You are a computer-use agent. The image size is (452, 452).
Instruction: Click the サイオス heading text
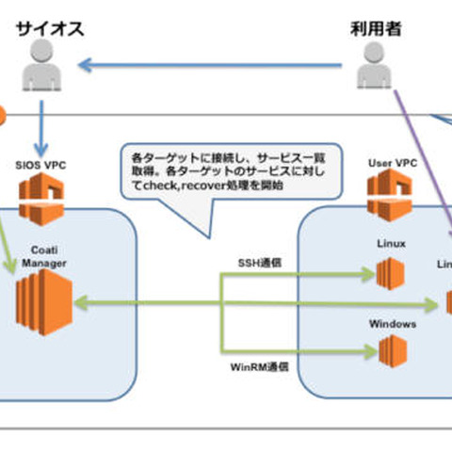(x=49, y=30)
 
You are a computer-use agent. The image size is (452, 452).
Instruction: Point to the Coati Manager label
(x=41, y=255)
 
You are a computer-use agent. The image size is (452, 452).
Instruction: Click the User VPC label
(x=392, y=163)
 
